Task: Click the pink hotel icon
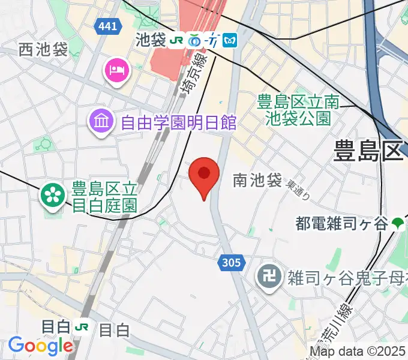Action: tap(116, 70)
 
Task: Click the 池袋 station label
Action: tap(149, 40)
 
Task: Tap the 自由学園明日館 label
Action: tap(178, 123)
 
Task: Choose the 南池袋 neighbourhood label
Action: tap(257, 179)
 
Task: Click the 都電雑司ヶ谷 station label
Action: tap(341, 224)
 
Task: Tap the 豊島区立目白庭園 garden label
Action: tap(105, 197)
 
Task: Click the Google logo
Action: tap(40, 346)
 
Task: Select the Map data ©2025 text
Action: tap(358, 352)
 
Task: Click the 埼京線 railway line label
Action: tap(193, 71)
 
